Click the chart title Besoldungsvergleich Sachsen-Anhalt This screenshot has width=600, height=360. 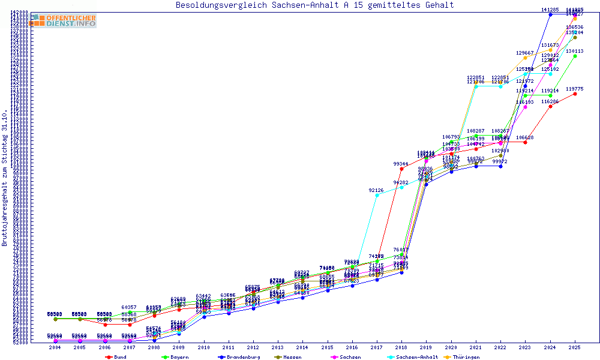(314, 5)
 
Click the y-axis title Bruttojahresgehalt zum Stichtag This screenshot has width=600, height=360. (5, 178)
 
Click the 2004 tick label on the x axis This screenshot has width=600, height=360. (55, 347)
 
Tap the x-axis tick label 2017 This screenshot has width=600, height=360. (377, 347)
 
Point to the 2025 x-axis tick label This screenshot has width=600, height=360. (575, 347)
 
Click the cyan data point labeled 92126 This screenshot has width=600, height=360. (377, 195)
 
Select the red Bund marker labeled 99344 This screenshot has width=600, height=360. (401, 169)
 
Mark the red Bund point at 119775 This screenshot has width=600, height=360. (575, 94)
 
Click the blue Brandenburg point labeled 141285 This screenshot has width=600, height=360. (550, 14)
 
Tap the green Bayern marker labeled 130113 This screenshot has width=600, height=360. (575, 56)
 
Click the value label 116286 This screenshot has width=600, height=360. (550, 101)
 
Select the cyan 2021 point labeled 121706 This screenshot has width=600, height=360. (476, 86)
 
